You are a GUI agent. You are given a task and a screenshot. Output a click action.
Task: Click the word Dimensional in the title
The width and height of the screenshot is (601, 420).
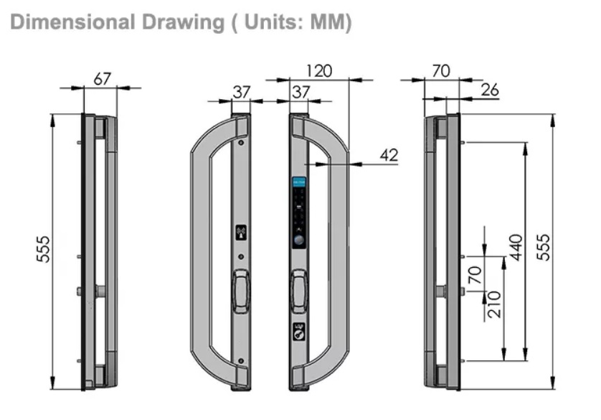[72, 22]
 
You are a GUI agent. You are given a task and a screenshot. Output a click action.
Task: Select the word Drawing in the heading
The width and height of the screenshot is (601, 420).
[183, 23]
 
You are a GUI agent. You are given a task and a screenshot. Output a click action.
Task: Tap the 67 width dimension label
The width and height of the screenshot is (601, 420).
[103, 79]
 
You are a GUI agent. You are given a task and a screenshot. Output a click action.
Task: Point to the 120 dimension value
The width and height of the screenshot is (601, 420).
[319, 71]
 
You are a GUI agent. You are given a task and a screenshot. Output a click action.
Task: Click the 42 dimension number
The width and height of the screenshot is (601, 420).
[389, 155]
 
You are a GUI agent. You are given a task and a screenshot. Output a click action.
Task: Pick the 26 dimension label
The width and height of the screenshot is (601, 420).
[490, 90]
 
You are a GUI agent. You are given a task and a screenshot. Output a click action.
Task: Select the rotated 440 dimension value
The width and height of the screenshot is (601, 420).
[516, 248]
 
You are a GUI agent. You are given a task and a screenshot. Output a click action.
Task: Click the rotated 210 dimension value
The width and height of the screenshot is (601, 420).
[494, 304]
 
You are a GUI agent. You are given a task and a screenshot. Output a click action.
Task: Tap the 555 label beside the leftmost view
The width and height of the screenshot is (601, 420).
[43, 249]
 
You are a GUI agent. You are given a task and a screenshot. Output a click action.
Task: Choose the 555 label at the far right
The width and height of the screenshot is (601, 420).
[543, 248]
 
